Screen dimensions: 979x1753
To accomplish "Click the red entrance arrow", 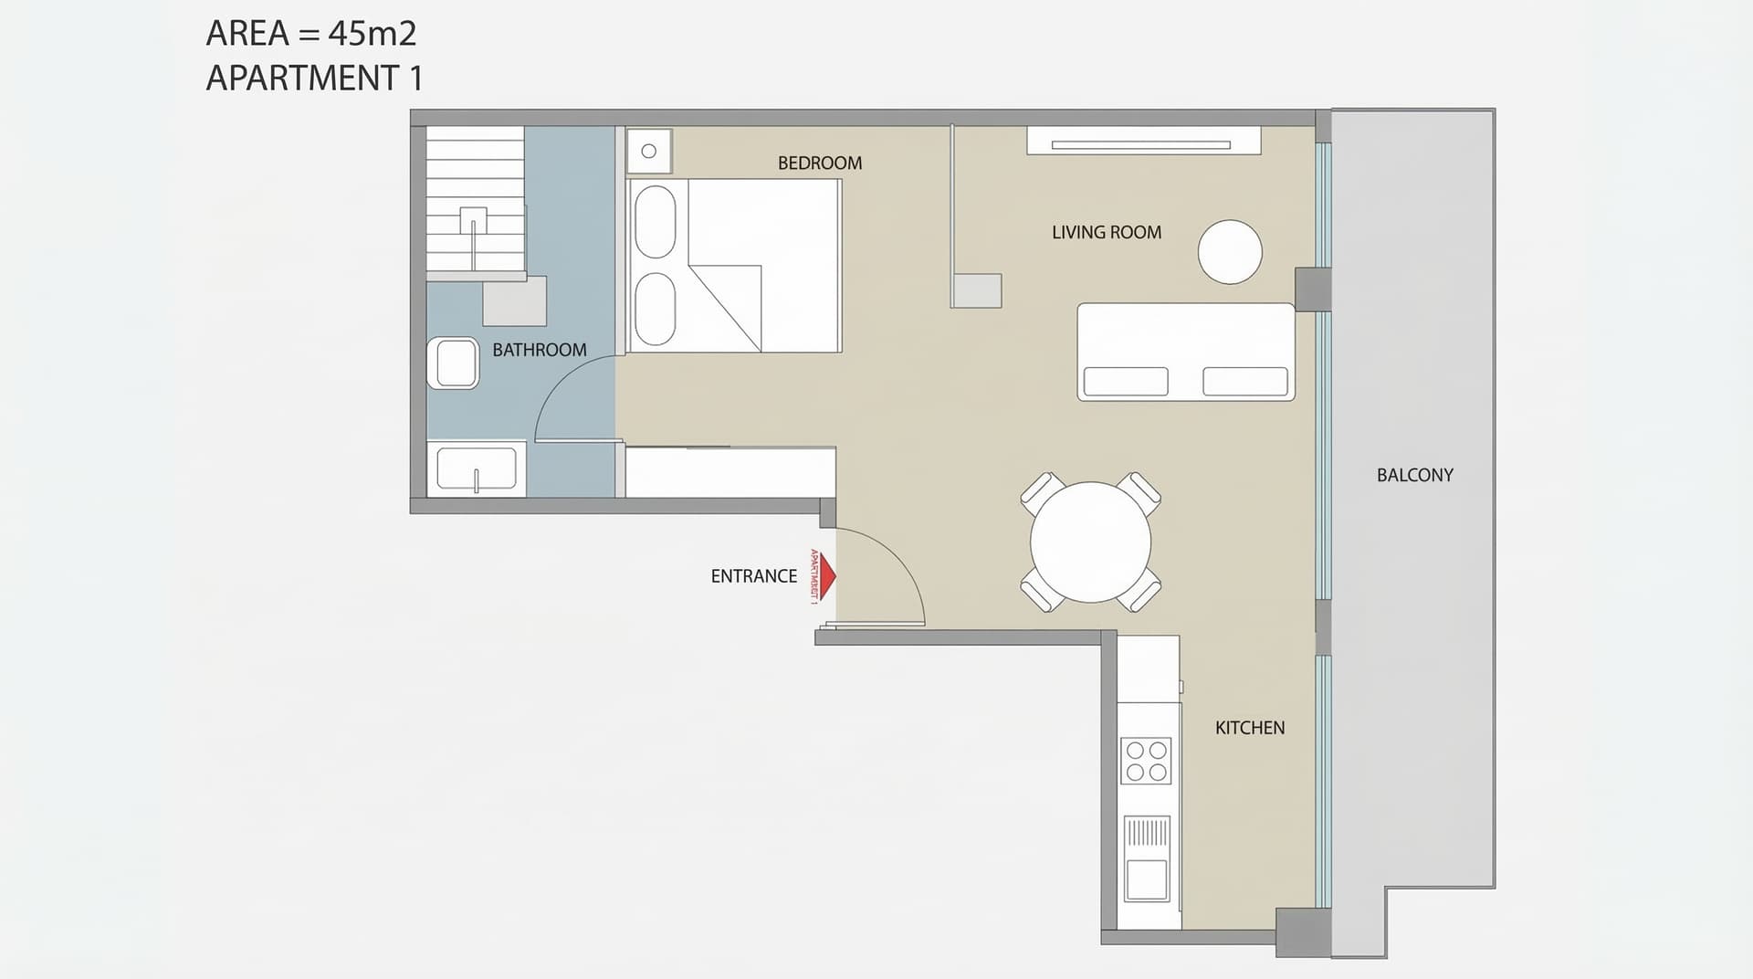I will point(826,576).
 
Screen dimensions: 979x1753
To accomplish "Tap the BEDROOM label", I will point(819,163).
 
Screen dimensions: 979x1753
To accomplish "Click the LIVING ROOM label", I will point(1106,233).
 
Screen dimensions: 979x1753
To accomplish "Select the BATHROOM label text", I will point(539,350).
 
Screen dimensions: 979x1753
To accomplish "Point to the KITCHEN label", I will point(1249,728).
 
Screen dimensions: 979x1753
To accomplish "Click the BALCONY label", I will point(1414,475).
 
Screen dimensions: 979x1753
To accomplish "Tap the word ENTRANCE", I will point(753,576).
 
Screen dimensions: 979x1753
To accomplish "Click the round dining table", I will point(1090,542).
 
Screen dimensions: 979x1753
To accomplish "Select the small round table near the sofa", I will point(1229,252).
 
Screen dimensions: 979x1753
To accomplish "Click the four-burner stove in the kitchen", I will point(1146,761).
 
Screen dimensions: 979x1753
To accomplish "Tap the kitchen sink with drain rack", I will point(1146,858).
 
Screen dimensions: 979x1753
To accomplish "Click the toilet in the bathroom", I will point(454,363).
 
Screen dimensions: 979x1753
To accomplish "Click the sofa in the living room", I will point(1185,352).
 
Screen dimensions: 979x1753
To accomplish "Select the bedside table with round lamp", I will point(649,152).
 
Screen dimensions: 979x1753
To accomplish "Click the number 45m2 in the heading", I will point(372,34).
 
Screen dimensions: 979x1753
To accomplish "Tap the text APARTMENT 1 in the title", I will point(314,79).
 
